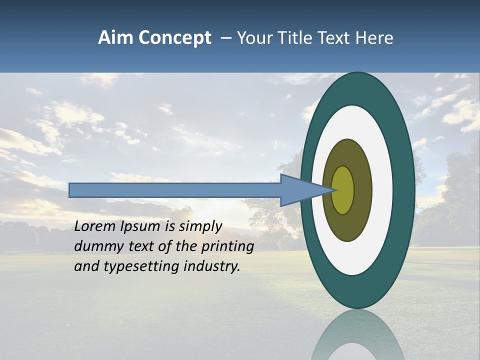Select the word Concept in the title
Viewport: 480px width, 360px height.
pos(175,38)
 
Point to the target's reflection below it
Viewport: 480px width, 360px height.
pos(357,340)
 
